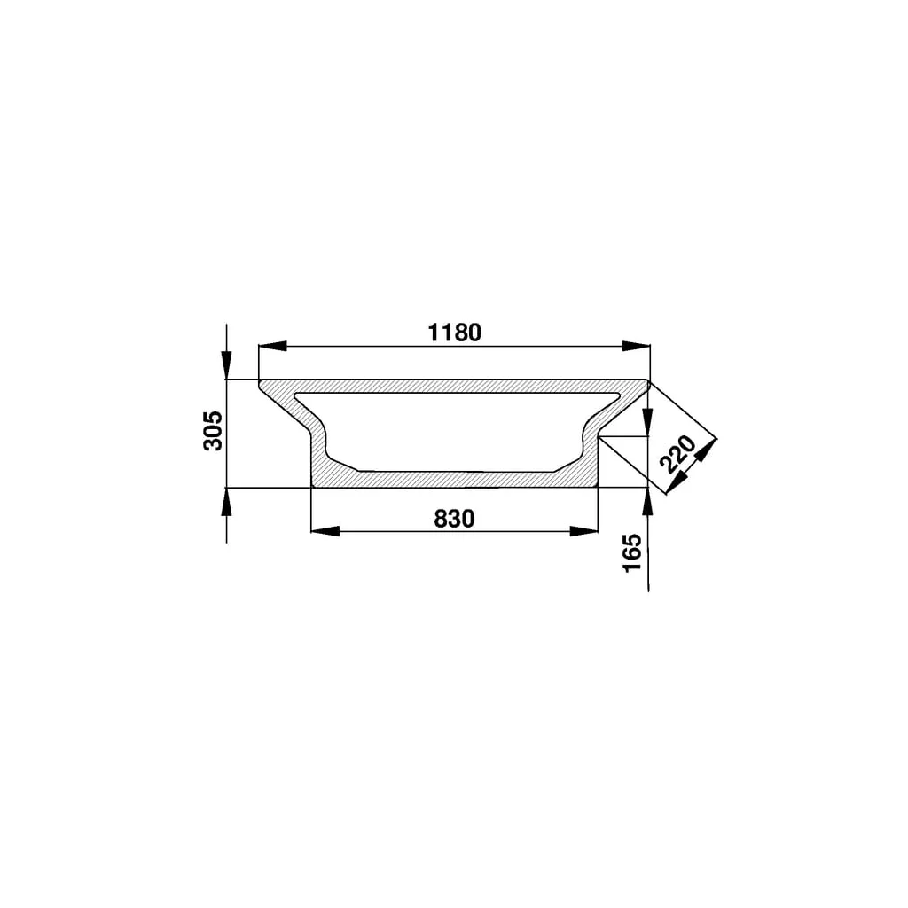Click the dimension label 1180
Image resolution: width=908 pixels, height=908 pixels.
click(455, 333)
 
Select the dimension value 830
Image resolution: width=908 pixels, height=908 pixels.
click(454, 519)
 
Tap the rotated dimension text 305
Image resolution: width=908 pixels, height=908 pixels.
click(213, 430)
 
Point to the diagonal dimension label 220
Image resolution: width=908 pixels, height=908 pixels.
click(677, 454)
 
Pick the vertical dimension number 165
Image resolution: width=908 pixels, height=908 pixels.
click(632, 553)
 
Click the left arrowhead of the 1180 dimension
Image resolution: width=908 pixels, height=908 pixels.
click(273, 346)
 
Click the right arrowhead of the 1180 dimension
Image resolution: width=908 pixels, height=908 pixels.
click(636, 346)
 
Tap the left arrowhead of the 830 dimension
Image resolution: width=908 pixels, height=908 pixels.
click(325, 531)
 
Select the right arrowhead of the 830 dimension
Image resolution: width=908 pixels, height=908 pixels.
click(583, 531)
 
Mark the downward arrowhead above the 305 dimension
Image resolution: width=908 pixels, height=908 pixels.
click(226, 364)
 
